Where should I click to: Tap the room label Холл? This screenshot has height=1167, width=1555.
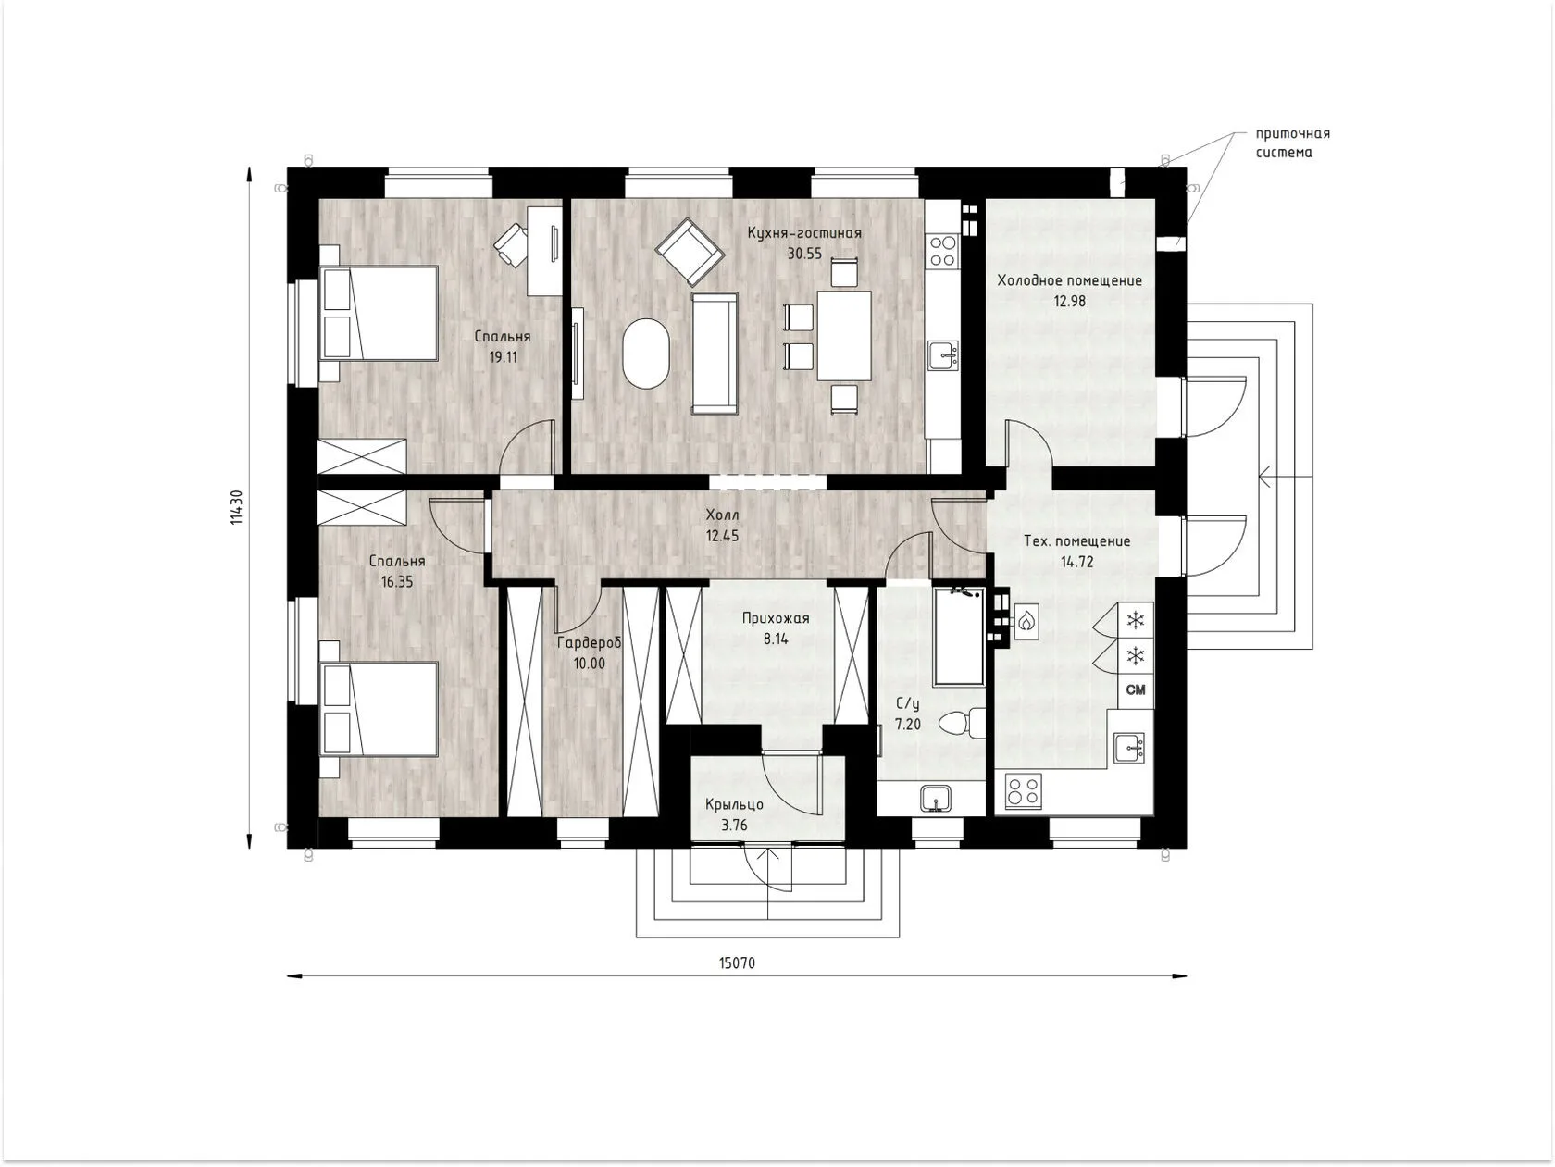point(722,515)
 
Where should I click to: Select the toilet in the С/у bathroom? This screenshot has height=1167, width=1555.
point(962,723)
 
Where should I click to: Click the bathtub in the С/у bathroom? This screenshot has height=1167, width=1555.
point(959,635)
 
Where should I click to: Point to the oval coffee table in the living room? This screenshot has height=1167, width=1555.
point(645,354)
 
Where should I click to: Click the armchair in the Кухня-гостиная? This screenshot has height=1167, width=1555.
point(690,252)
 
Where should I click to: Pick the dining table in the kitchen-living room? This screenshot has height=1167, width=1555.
point(844,336)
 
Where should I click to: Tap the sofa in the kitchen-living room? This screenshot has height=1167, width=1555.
point(715,354)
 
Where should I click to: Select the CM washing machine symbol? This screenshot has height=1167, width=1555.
point(1136,689)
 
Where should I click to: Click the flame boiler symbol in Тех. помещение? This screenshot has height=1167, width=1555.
point(1026,622)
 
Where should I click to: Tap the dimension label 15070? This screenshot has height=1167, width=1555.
point(737,963)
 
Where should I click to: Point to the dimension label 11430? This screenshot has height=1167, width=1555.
point(237,507)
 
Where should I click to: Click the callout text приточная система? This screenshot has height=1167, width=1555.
point(1292,143)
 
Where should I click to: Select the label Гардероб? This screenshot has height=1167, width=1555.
point(589,643)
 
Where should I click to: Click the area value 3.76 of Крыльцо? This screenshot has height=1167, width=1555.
point(734,825)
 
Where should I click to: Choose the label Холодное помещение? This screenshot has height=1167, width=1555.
point(1069,280)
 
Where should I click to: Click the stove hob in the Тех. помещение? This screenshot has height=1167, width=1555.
point(1024,791)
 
